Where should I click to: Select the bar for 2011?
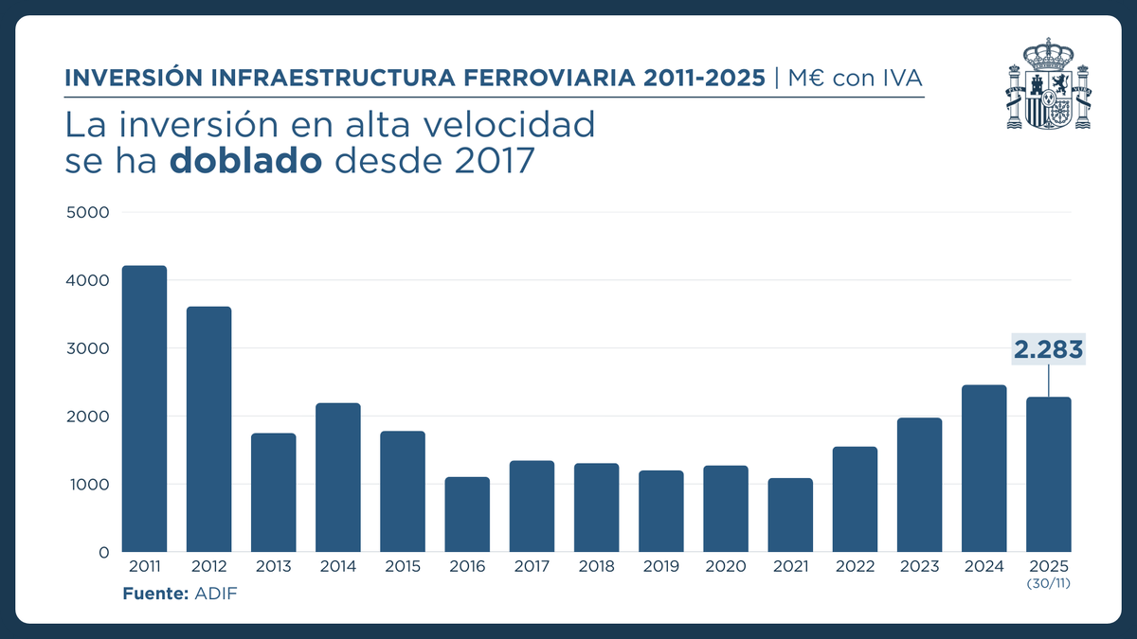point(144,409)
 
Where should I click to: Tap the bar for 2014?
point(338,477)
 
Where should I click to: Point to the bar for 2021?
point(790,515)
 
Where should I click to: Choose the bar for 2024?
point(984,469)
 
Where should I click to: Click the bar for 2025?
point(1048,474)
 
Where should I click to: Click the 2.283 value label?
point(1048,350)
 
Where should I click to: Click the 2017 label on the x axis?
point(532,567)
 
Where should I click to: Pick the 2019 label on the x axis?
point(660,567)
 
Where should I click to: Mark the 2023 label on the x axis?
point(919,567)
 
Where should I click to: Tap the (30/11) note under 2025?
point(1048,583)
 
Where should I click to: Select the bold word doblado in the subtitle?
point(246,162)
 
